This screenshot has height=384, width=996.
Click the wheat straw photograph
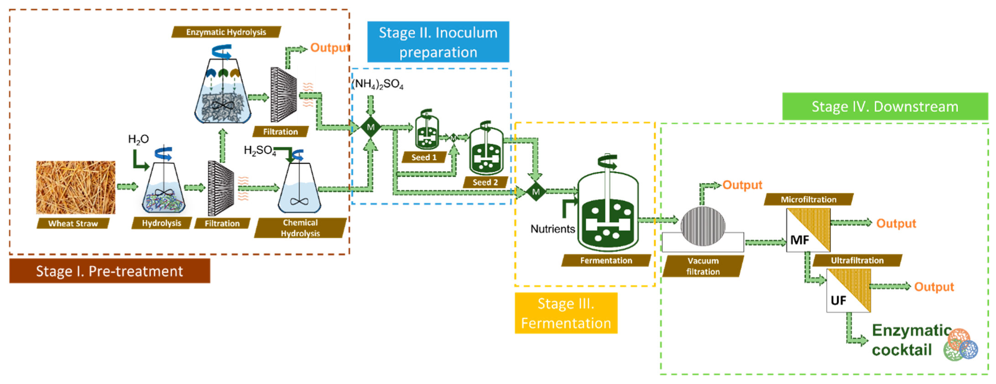tap(76, 187)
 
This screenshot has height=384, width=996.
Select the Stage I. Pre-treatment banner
tap(110, 271)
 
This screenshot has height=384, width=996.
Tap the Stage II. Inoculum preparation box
tap(438, 42)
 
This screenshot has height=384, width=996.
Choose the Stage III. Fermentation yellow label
tap(566, 313)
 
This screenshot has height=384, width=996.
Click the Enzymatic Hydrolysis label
tap(226, 32)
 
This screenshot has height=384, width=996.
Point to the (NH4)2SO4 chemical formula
tap(378, 84)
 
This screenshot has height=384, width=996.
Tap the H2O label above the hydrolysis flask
tap(138, 139)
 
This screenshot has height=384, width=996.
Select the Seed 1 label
tap(424, 157)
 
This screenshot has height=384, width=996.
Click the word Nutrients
tap(553, 229)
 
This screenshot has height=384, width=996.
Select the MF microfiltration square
tap(808, 230)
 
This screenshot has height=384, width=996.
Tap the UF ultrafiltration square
tap(848, 291)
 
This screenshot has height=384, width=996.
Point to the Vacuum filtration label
tap(703, 266)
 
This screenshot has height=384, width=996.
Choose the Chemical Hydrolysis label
tap(300, 228)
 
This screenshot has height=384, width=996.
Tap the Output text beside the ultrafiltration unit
tap(933, 287)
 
